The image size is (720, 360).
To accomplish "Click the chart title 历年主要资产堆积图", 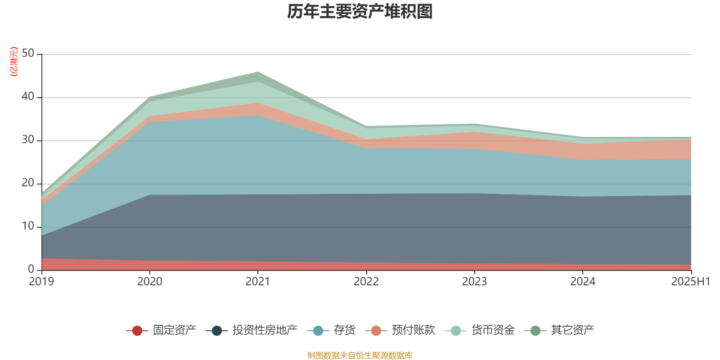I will (360, 12).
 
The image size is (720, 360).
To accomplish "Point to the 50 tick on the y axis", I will (28, 53).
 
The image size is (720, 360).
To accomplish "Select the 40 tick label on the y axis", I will (28, 96).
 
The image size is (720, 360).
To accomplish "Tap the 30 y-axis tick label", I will (28, 139).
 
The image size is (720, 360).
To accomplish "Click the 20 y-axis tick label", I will (28, 183).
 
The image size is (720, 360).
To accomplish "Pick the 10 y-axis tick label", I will (28, 226).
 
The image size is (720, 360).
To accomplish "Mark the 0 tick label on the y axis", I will (31, 269).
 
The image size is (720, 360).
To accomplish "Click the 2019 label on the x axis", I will (41, 282).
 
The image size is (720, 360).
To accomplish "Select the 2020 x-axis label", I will (149, 282).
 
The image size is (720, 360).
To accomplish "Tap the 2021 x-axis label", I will (257, 282).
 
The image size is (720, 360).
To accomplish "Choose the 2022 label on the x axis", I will (366, 282).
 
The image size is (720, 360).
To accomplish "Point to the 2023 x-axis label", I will (474, 282).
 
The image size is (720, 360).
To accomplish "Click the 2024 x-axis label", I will (583, 282).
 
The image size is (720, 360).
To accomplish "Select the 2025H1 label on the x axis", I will (690, 282).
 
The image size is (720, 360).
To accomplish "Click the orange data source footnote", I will (360, 355).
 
